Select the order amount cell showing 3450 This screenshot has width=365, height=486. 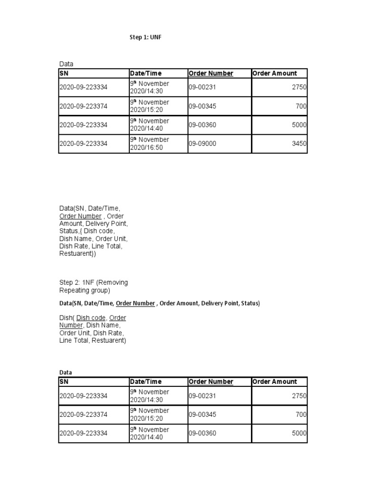pos(300,144)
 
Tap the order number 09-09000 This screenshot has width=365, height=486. pos(202,144)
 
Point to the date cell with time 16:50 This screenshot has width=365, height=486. pos(149,144)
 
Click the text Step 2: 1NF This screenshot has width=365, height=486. pos(77,282)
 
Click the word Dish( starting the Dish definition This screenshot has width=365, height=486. pos(67,318)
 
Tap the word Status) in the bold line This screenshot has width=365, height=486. pos(250,303)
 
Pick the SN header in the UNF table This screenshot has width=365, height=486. pos(64,74)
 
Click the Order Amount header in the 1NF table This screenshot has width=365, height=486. pos(275,382)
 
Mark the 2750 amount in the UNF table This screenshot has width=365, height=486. pos(300,87)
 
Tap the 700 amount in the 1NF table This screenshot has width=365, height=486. pos(301,414)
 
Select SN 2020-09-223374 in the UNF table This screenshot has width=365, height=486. pos(83,106)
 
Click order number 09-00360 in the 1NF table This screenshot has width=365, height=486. pos(202,433)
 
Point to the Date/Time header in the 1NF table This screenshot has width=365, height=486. pos(146,382)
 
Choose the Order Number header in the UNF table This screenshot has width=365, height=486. pos(211,74)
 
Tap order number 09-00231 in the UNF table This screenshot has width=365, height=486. pos(202,87)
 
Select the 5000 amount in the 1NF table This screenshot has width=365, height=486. pos(300,433)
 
